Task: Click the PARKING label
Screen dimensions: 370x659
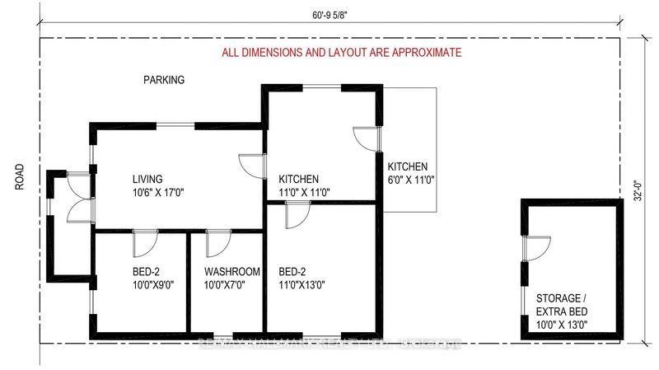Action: pos(164,80)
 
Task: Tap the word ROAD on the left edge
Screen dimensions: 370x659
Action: pos(21,177)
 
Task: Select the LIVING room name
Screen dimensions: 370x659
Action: pos(148,179)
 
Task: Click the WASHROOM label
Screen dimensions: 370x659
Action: pos(232,272)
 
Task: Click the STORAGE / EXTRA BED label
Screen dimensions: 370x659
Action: pos(568,305)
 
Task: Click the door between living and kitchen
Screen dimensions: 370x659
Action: pos(250,165)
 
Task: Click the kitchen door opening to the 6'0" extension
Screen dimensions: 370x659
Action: pos(364,138)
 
